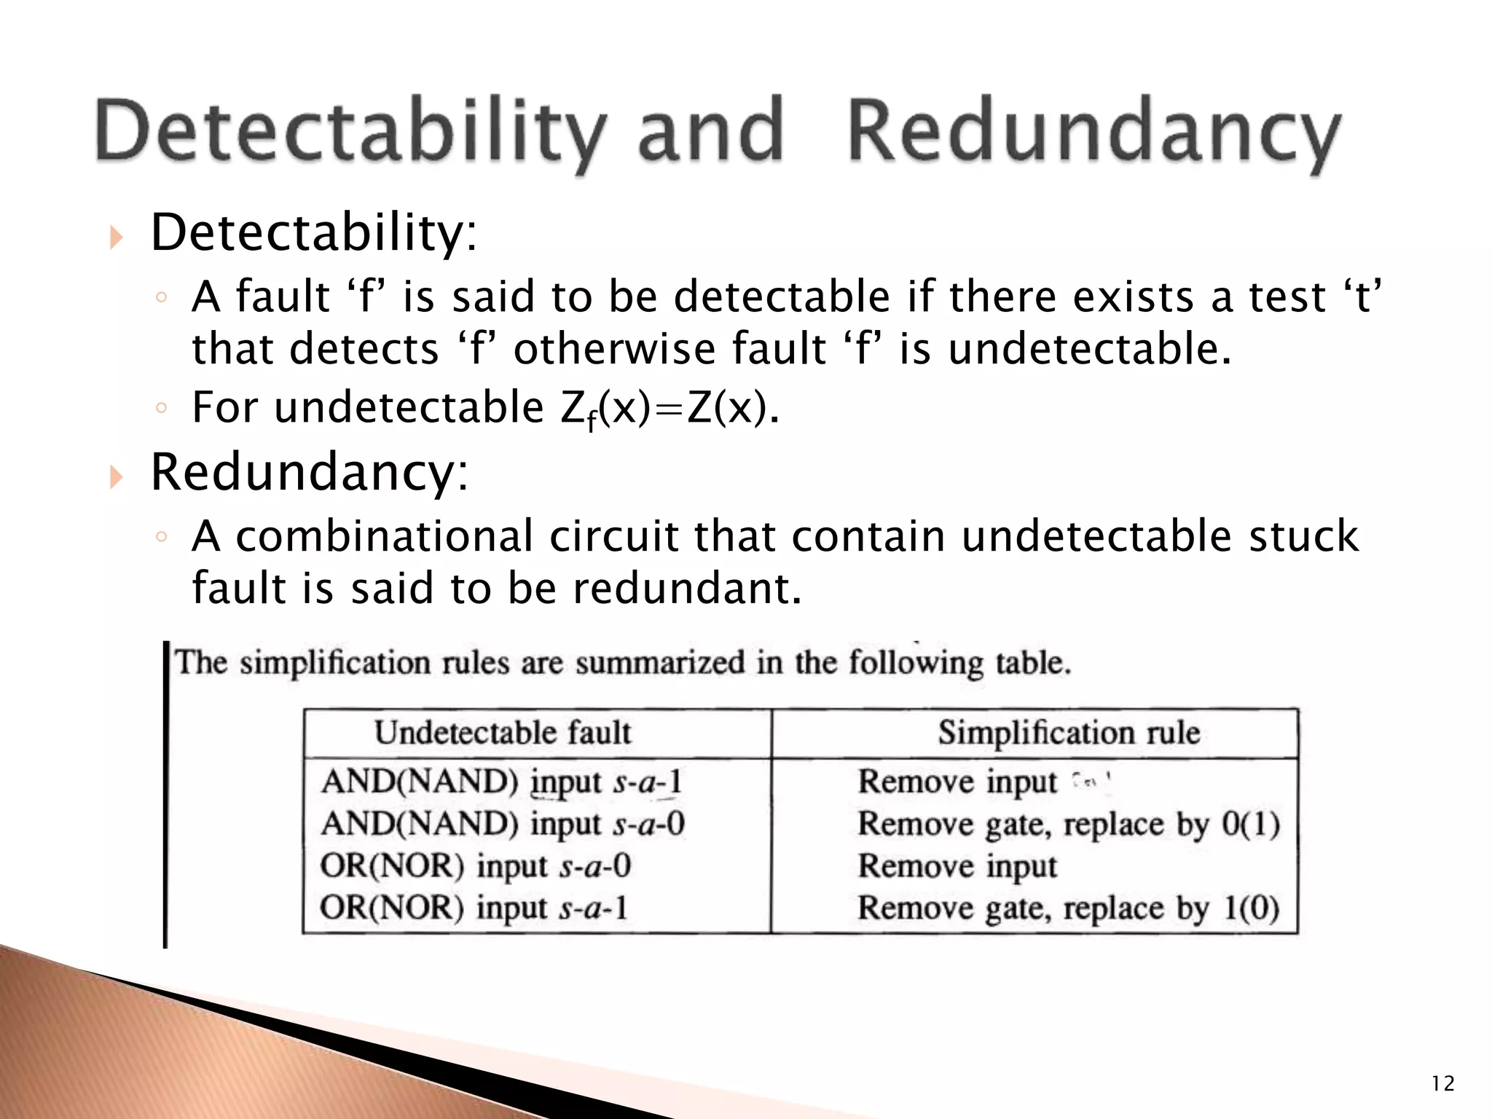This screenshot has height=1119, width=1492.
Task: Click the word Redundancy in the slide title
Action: (x=1093, y=131)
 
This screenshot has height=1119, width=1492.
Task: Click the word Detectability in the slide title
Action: (x=350, y=131)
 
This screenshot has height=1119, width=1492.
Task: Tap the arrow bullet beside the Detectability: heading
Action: (x=116, y=236)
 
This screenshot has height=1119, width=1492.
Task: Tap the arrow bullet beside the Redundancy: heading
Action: (x=116, y=476)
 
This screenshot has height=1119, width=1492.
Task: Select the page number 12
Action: (x=1442, y=1084)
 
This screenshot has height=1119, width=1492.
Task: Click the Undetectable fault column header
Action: (x=503, y=733)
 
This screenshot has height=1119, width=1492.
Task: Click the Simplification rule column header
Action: (x=1069, y=733)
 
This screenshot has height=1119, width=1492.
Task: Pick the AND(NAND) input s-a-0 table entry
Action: (x=503, y=824)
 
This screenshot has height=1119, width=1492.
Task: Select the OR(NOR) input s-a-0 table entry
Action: (x=475, y=866)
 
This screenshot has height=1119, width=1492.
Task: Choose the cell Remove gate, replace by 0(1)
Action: (x=1068, y=824)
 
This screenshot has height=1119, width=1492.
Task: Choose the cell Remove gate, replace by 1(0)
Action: (x=1068, y=908)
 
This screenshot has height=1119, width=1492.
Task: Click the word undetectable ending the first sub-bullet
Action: (x=1088, y=348)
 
